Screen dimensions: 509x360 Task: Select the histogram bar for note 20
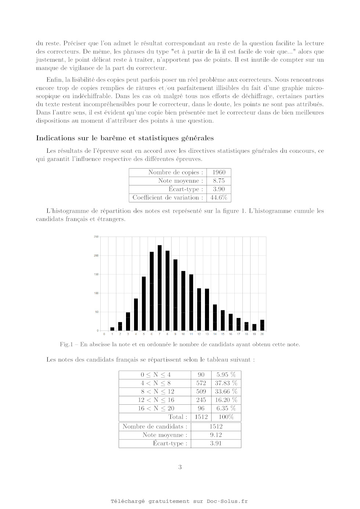tap(262, 325)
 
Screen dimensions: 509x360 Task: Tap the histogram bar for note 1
tap(112, 329)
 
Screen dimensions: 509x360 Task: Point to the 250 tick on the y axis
tap(96, 237)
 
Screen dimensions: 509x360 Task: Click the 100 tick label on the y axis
tap(96, 293)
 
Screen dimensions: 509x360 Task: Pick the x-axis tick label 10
tap(183, 334)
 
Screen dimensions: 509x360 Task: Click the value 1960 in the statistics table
tap(219, 172)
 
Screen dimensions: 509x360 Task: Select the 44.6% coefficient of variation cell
tap(219, 198)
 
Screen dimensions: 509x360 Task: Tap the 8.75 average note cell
tap(219, 181)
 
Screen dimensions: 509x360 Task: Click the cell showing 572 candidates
tap(201, 383)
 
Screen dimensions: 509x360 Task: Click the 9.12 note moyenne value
tap(216, 435)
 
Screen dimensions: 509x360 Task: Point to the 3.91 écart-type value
tap(216, 443)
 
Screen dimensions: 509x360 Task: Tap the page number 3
tap(180, 467)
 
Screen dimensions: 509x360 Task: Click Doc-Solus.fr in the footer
tap(227, 501)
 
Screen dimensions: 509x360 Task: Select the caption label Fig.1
tap(66, 344)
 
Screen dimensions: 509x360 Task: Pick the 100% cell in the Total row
tap(226, 417)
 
